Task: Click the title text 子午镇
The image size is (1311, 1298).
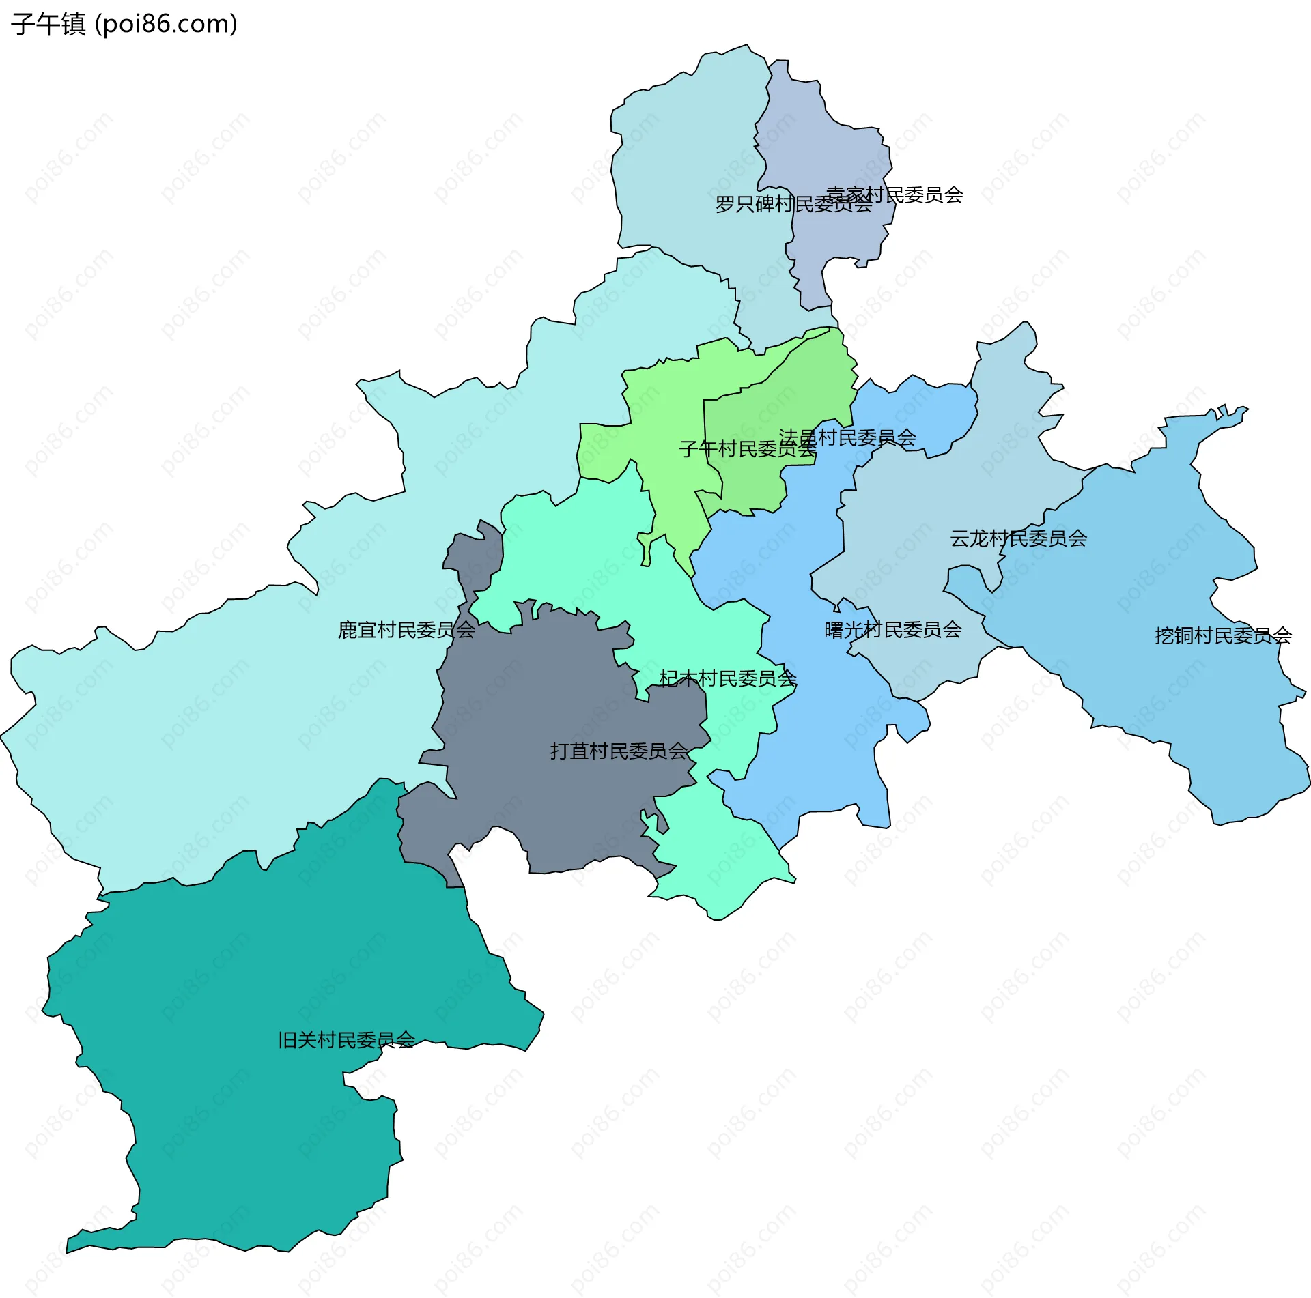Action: (48, 25)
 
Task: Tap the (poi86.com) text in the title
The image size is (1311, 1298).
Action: (166, 25)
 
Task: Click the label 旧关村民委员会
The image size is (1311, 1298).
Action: (346, 1040)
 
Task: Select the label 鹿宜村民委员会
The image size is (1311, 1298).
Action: (406, 630)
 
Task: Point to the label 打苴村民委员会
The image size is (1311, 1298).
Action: (619, 751)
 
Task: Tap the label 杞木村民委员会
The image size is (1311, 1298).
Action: (728, 678)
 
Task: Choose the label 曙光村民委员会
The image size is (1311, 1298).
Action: (892, 630)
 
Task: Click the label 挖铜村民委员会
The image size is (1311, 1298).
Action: (1222, 636)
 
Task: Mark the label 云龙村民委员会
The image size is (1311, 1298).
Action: (1018, 538)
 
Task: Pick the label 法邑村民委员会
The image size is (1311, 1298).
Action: (847, 437)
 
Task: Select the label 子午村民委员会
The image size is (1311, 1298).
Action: (747, 449)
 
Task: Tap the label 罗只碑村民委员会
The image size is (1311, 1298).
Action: (793, 204)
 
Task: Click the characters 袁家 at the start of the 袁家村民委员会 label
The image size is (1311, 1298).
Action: (845, 195)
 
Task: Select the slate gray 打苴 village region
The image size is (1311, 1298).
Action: (546, 717)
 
